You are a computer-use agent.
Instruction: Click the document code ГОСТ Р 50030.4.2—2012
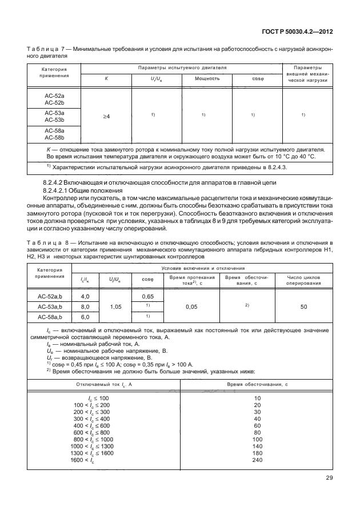tap(298, 34)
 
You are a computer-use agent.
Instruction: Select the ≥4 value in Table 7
tap(106, 116)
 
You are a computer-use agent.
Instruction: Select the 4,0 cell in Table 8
tap(86, 296)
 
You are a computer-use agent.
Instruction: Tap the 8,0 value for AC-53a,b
tap(86, 306)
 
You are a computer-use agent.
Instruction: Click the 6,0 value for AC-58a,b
tap(86, 317)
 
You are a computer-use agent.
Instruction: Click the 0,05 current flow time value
tap(191, 306)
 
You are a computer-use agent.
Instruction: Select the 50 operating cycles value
tap(303, 306)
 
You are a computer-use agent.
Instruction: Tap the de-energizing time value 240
tap(257, 460)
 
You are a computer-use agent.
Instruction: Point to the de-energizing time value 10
tap(257, 397)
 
